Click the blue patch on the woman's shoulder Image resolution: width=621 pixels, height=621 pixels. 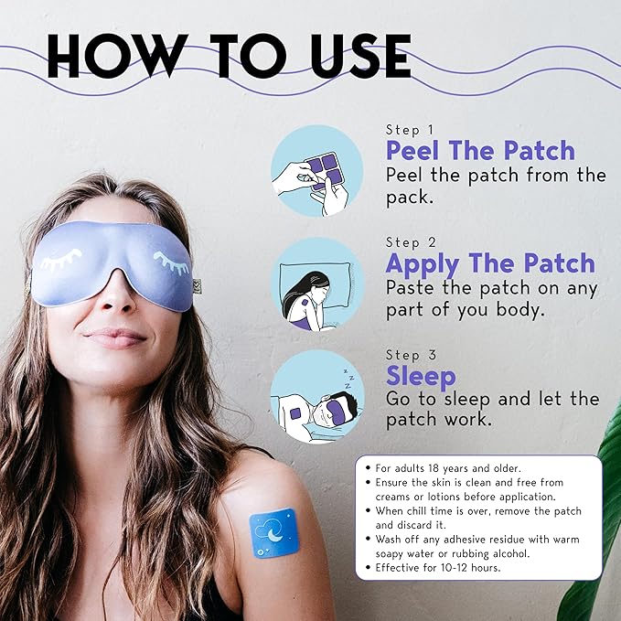coord(273,532)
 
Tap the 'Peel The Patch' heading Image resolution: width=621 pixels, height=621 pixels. coord(480,151)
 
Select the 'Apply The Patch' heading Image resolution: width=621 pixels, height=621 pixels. coord(490,263)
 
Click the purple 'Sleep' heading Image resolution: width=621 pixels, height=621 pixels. coord(421,376)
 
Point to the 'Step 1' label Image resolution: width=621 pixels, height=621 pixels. coord(410,130)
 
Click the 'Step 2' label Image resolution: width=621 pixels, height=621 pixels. coord(411,242)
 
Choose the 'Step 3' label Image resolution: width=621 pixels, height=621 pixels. coord(411,355)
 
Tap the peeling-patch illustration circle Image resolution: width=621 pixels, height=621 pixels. coord(316,171)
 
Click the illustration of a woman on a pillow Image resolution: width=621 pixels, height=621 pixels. coord(316,284)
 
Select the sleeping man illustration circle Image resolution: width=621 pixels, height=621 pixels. coord(317,397)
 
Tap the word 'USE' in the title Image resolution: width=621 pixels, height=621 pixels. coord(361,56)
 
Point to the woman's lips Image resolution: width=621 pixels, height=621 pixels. coord(115,337)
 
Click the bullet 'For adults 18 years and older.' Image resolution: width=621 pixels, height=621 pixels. coord(447,468)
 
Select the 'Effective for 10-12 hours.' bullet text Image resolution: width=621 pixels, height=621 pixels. coord(438,568)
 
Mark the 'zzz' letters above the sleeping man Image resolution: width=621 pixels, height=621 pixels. coord(348,379)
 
